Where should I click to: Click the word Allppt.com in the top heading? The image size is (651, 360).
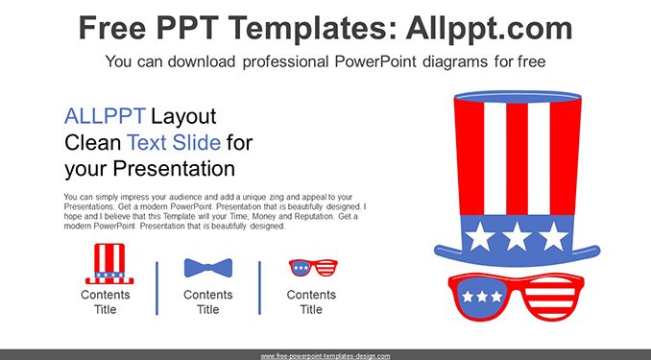[x=489, y=28]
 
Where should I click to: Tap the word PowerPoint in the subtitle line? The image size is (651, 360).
[x=375, y=61]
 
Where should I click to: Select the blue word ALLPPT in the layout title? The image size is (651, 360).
[x=105, y=116]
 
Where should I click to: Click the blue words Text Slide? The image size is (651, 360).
[x=174, y=142]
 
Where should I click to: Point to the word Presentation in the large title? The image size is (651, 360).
[x=174, y=169]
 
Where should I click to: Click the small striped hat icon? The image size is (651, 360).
[x=109, y=264]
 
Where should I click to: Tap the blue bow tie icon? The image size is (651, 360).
[x=208, y=268]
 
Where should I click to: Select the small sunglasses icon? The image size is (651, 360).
[x=313, y=268]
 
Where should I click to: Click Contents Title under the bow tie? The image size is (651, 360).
[x=208, y=301]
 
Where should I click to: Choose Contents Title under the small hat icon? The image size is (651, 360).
[x=106, y=301]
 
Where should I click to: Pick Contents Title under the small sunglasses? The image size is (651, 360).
[x=311, y=301]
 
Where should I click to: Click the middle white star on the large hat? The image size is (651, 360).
[x=517, y=236]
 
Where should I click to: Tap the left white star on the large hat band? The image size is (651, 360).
[x=480, y=236]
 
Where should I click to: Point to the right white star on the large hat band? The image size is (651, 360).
[x=554, y=236]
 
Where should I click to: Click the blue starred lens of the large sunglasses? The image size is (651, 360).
[x=482, y=296]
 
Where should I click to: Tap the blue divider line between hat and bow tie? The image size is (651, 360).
[x=157, y=288]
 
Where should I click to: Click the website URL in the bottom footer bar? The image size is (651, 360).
[x=325, y=356]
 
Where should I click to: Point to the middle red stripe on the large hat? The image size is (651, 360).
[x=517, y=158]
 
